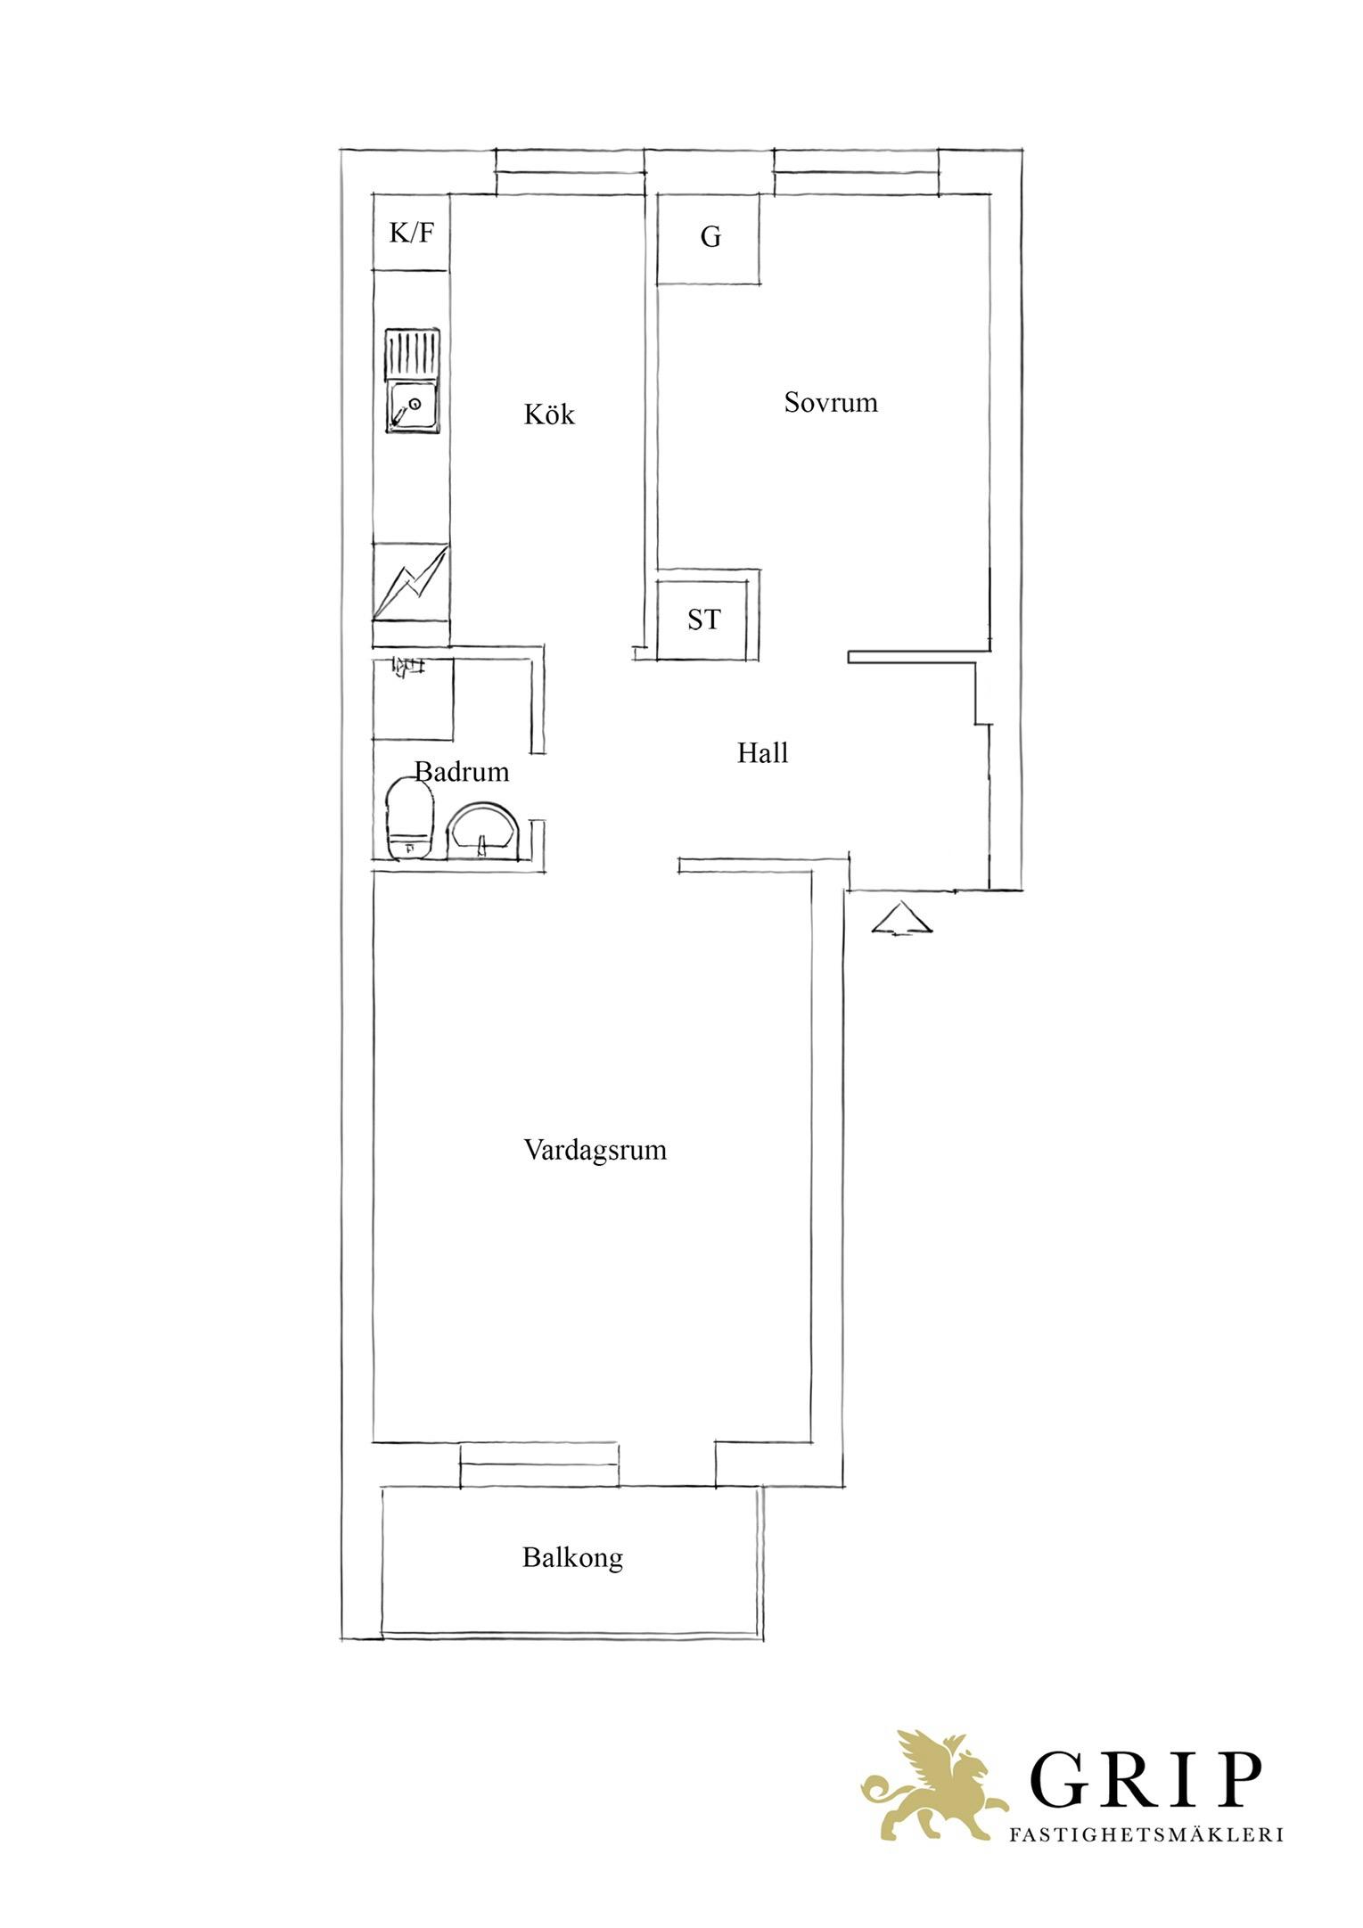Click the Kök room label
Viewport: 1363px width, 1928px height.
pyautogui.click(x=549, y=414)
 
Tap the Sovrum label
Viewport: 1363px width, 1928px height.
pyautogui.click(x=831, y=402)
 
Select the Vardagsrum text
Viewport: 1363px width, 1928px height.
pyautogui.click(x=595, y=1150)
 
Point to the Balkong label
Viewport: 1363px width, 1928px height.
pyautogui.click(x=572, y=1558)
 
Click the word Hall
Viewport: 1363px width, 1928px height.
pyautogui.click(x=762, y=753)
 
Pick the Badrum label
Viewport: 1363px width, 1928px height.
pyautogui.click(x=463, y=771)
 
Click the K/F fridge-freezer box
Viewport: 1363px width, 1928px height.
pyautogui.click(x=411, y=233)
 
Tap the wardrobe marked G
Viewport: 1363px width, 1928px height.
pyautogui.click(x=709, y=239)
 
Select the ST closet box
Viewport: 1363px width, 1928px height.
pyautogui.click(x=702, y=619)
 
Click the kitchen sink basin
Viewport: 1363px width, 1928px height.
pyautogui.click(x=412, y=406)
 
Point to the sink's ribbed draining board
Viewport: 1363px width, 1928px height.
pyautogui.click(x=412, y=354)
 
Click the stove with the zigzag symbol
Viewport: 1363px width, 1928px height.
pyautogui.click(x=411, y=581)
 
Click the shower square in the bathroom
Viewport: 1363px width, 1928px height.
pyautogui.click(x=413, y=699)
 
